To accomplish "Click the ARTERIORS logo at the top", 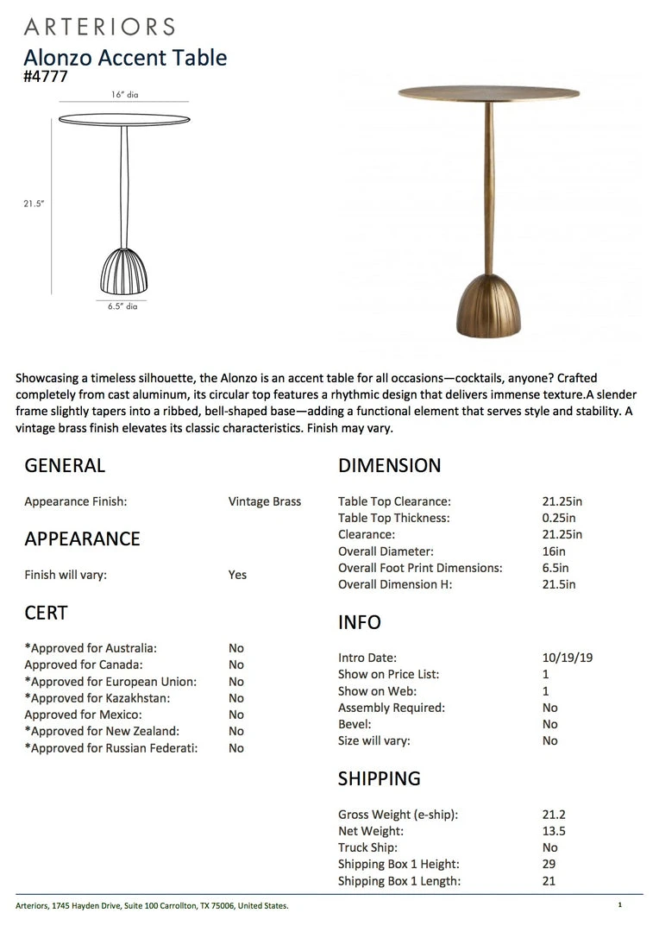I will point(99,27).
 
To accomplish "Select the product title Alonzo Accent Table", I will point(125,58).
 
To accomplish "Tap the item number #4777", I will point(46,76).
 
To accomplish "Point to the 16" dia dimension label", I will point(124,95).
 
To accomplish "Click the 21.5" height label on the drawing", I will point(34,204).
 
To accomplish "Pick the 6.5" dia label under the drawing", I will point(123,306).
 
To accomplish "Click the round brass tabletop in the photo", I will point(488,92).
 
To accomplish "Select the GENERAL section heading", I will point(65,466).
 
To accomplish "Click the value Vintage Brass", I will point(265,501).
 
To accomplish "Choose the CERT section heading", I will point(46,613).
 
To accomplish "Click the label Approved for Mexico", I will point(84,715).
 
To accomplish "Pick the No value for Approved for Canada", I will point(236,664).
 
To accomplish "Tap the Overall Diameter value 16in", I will point(554,551).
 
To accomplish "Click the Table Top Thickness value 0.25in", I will point(558,518).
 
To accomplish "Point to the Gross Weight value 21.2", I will point(553,814).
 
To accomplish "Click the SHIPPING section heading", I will point(380,778).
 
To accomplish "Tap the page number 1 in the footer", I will point(619,905).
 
